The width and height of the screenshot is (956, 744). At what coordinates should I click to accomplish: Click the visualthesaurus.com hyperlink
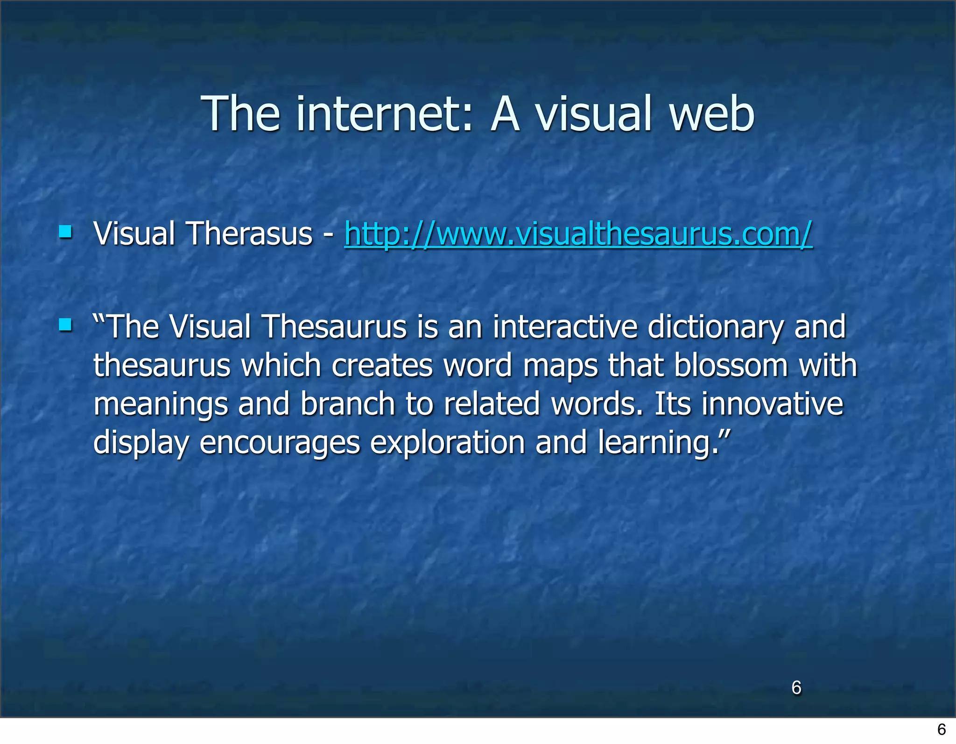(578, 234)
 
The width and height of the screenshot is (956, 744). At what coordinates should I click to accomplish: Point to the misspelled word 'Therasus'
(249, 234)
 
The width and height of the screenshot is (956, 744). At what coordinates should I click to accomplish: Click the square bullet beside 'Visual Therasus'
(65, 232)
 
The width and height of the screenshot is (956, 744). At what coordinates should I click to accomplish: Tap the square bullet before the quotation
(65, 325)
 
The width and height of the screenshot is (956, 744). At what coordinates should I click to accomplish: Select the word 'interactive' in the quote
(565, 326)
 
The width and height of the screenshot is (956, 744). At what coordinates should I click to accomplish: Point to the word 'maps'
(560, 366)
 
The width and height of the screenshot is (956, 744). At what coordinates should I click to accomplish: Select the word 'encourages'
(280, 443)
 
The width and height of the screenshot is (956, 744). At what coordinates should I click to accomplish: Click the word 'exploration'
(447, 443)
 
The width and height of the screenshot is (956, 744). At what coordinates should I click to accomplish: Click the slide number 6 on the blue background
(796, 687)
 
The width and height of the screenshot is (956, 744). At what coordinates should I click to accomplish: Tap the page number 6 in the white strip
(941, 729)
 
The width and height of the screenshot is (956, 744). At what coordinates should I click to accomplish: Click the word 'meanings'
(161, 404)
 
